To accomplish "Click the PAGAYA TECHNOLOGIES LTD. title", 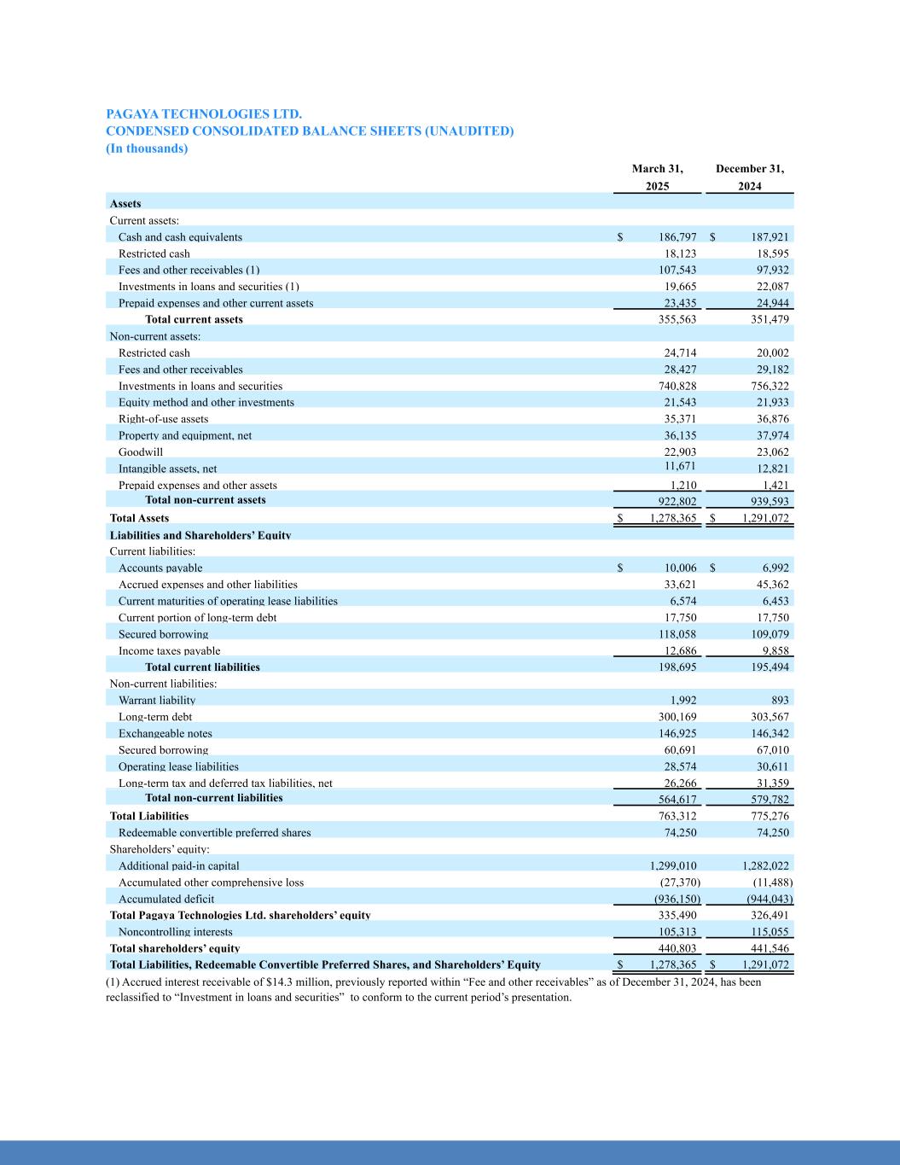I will coord(204,114).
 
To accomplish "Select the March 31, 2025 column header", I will coord(657,178).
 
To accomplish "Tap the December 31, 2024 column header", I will coord(749,178).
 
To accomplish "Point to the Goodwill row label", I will coord(140,451).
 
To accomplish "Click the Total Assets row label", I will coord(139,518).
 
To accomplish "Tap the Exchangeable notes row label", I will coord(165,733).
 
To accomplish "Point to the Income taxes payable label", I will coord(169,651).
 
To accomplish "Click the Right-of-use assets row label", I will coord(163,419).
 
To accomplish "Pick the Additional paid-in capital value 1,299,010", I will coord(674,865).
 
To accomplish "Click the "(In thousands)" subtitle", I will coord(147,149).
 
